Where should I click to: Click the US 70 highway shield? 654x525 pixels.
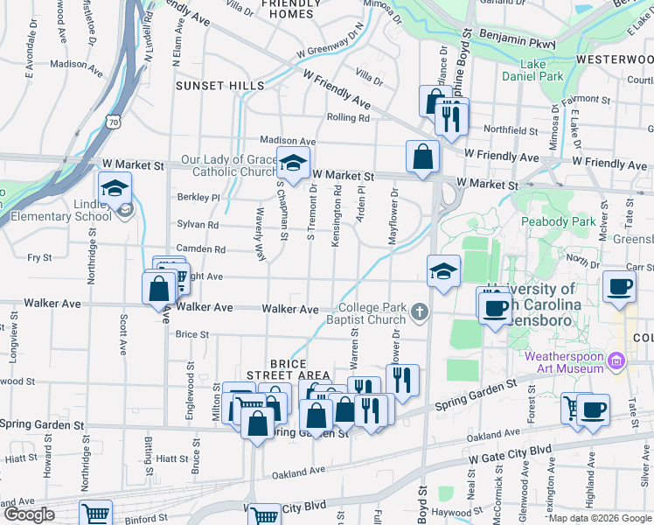pos(114,122)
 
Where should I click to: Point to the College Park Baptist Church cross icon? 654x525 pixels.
pos(421,311)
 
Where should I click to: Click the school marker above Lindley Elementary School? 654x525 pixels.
pos(115,187)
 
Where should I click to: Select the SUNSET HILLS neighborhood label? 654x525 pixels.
pos(219,86)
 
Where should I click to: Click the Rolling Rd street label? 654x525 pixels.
pos(348,117)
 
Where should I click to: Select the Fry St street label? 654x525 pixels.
pos(40,257)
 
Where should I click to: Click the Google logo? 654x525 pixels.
pos(29,514)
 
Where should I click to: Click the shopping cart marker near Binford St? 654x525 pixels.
pos(96,514)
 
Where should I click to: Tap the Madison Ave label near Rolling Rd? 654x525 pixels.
pos(288,141)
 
